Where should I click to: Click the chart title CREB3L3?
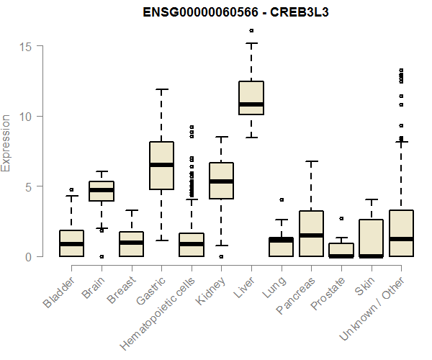(x=216, y=12)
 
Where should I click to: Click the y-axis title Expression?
(x=7, y=143)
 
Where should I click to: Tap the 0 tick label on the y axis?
(x=28, y=256)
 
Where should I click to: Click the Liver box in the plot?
(x=251, y=98)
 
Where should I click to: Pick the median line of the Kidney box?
(x=221, y=181)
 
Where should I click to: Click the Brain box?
(x=102, y=191)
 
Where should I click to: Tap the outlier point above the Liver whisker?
(x=251, y=30)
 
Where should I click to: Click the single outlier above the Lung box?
(x=282, y=199)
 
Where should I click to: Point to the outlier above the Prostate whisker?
(x=341, y=218)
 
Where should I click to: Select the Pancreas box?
(x=311, y=233)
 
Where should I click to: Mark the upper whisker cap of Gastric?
(x=161, y=90)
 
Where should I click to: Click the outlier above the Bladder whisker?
(x=72, y=190)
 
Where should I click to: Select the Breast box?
(x=132, y=244)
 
